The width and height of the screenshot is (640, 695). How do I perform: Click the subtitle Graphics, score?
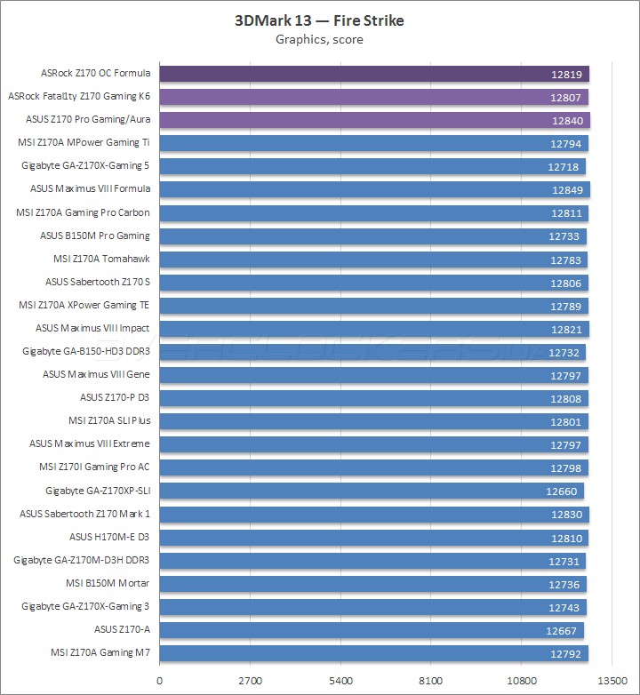coord(319,39)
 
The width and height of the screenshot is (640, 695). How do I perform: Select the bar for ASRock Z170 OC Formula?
coord(373,74)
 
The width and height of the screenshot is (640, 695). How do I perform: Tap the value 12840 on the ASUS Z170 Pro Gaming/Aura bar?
coord(566,120)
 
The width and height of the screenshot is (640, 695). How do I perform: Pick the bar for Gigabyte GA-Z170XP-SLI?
coord(371,491)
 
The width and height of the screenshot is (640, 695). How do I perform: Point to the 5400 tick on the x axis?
coord(340,681)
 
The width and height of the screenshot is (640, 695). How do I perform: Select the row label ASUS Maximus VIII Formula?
coord(90,188)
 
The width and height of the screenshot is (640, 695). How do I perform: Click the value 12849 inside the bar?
coord(568,189)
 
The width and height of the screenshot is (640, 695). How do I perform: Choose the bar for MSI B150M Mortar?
coord(372,584)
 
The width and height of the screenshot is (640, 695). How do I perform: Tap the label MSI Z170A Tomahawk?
coord(101,259)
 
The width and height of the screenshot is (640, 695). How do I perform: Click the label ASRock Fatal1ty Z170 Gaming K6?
coord(78,96)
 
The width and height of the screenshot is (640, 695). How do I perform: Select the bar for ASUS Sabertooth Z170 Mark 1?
coord(374,514)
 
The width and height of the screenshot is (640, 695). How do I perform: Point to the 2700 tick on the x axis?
coord(249,681)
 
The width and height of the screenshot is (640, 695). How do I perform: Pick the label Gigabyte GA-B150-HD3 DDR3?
coord(86,351)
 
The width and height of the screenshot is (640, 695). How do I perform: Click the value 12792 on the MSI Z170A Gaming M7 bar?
coord(565,653)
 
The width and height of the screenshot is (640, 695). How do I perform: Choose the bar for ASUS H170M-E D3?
coord(373,538)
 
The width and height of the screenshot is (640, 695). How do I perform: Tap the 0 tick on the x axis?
coord(159,681)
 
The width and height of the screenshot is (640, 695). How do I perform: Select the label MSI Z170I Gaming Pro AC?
coord(94,467)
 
